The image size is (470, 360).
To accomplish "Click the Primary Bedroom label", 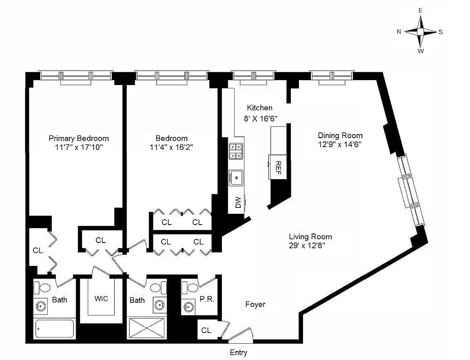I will click(78, 138).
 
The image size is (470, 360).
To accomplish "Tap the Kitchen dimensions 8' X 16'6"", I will click(259, 118).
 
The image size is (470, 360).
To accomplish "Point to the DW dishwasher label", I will click(238, 203).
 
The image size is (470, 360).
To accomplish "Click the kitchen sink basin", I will click(236, 177).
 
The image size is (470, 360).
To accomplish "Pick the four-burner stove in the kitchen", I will click(236, 151).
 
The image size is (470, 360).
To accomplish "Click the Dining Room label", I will click(340, 135).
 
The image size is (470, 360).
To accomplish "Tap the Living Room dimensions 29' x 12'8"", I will click(310, 245).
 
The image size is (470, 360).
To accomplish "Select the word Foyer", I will click(255, 305).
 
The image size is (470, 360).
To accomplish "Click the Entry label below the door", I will click(238, 353).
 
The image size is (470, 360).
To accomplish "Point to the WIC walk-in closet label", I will click(101, 298).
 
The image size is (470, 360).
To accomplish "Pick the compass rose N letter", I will click(399, 31).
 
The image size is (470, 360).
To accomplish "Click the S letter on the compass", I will click(441, 32).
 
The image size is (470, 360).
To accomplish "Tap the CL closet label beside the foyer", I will click(206, 330).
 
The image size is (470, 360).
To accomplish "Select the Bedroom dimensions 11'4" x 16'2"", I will click(172, 147).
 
